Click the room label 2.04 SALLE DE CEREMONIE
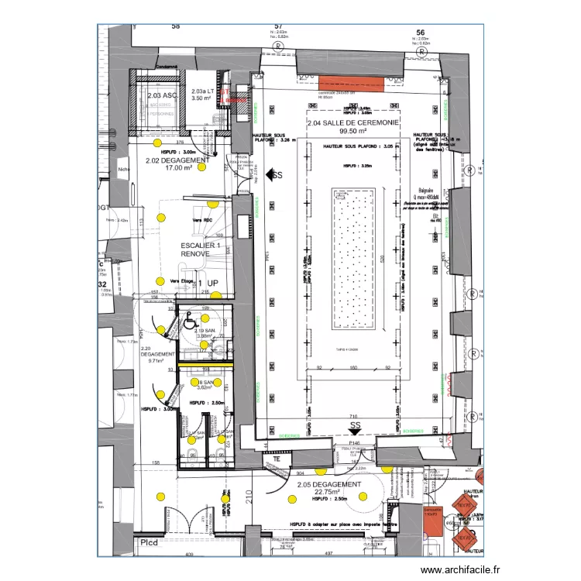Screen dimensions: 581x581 352,123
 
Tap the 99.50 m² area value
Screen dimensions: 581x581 352,132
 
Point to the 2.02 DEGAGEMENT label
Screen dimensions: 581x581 178,160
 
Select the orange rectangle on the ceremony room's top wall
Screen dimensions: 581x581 349,85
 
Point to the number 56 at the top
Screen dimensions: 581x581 421,33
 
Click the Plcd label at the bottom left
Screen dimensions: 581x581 149,542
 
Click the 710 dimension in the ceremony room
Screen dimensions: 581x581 353,417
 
